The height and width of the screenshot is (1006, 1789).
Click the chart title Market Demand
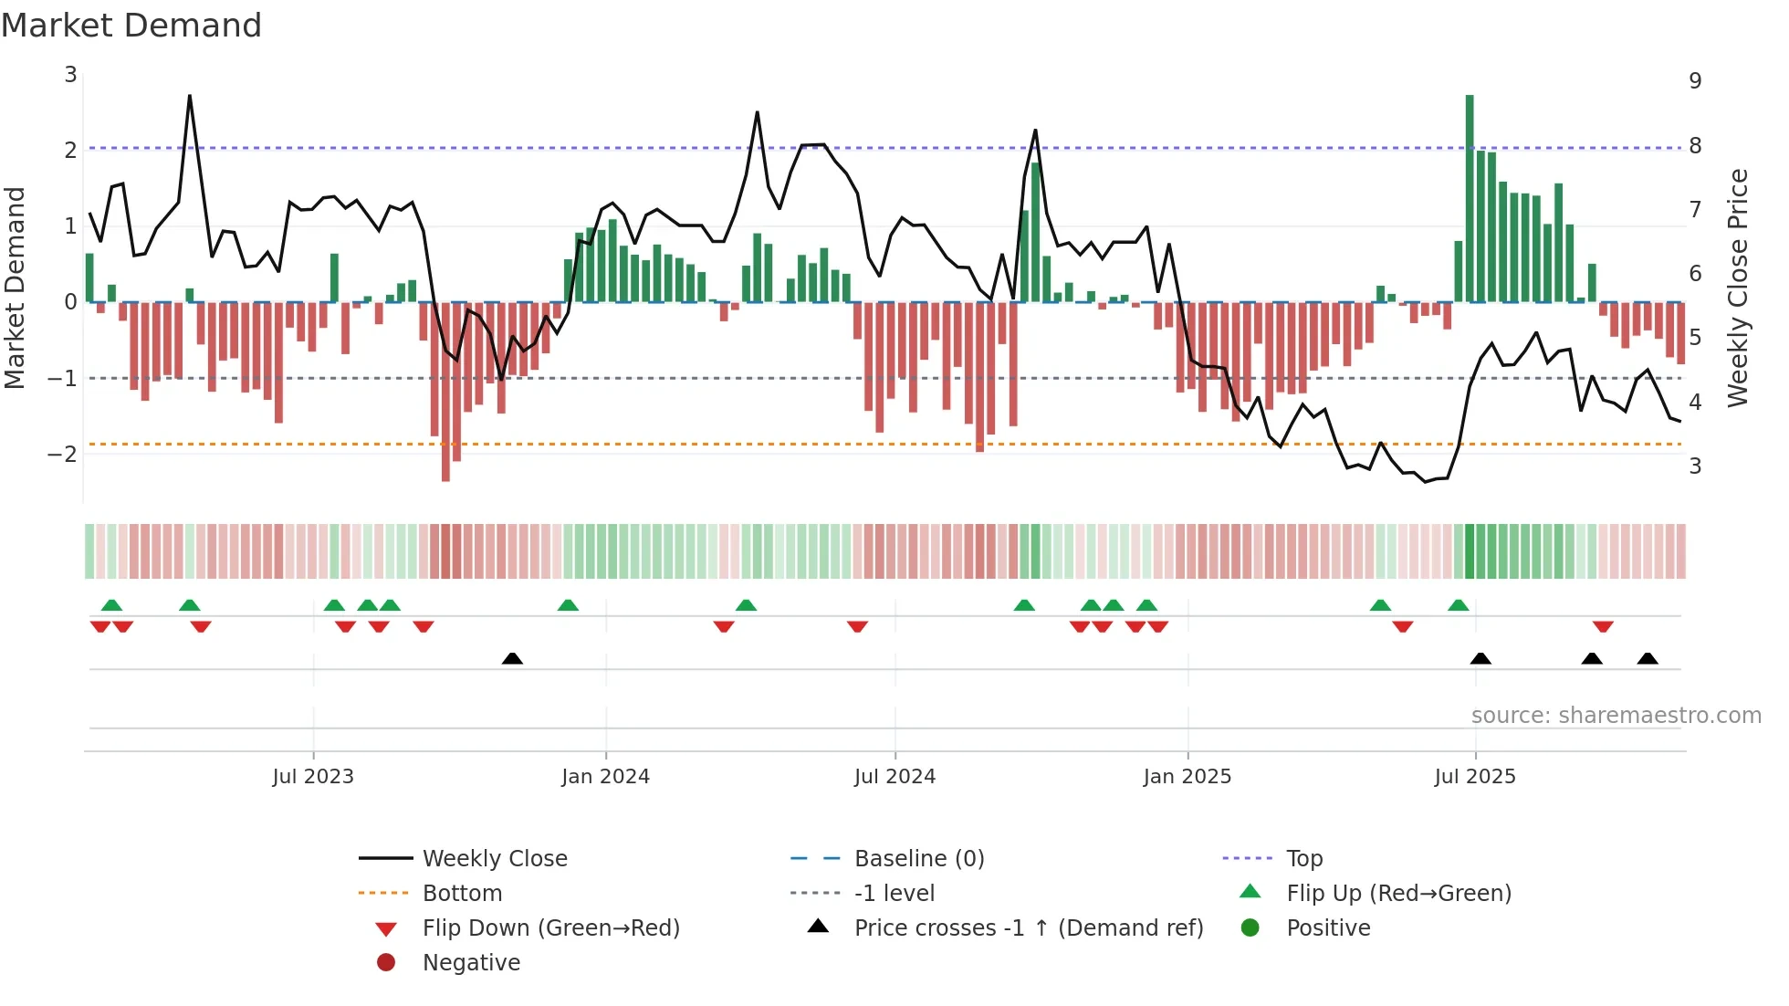pos(131,25)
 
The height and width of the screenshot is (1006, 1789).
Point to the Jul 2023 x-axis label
pos(313,777)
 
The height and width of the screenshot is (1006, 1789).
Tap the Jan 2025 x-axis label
pos(1187,777)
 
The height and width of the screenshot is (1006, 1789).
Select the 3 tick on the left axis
pos(70,75)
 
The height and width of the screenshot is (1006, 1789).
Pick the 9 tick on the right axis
pos(1695,81)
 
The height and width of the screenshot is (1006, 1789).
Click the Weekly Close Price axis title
pos(1738,288)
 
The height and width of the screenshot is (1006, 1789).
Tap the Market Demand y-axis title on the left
pos(16,288)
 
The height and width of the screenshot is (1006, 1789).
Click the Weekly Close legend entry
pos(494,859)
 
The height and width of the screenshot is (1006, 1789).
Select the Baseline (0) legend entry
pos(918,859)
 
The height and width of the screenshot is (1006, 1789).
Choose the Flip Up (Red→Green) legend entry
pos(1398,894)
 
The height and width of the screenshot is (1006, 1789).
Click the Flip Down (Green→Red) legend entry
pos(550,928)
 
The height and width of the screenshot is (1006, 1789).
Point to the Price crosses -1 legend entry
pos(1028,928)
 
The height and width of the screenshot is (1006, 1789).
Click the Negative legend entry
pos(471,963)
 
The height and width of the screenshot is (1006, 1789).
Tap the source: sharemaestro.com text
pos(1616,716)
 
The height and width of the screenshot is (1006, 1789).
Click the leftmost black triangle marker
pos(512,658)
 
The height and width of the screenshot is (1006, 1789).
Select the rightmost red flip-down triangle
pos(1603,626)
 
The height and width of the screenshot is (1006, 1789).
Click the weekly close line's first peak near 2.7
pos(190,96)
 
